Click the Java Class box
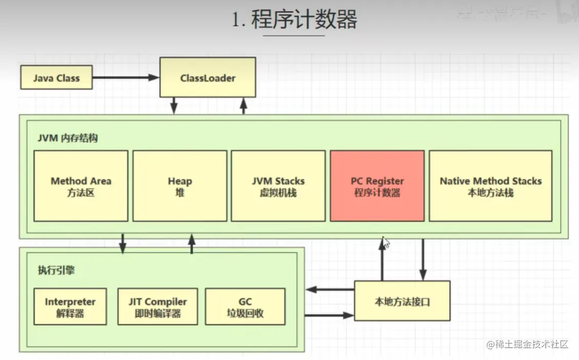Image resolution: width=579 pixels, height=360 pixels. (x=56, y=78)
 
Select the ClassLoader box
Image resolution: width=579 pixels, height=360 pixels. (x=208, y=78)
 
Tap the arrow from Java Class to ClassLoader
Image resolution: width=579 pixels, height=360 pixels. (x=126, y=78)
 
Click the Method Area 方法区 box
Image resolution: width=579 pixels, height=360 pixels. (x=81, y=186)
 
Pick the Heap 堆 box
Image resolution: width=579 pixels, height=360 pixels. (x=180, y=186)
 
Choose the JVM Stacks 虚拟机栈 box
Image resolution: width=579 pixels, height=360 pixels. (x=278, y=186)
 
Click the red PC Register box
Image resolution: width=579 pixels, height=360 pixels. (x=377, y=186)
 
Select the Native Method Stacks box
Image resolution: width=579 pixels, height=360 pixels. (x=490, y=186)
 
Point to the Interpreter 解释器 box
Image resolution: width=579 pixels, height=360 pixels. (x=70, y=307)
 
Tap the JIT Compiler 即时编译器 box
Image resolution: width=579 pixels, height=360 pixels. (x=157, y=307)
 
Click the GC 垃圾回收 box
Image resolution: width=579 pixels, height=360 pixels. (x=245, y=307)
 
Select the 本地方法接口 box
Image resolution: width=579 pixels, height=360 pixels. (x=402, y=301)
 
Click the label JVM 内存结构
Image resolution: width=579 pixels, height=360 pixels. (x=67, y=138)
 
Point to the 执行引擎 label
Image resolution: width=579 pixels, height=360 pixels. (x=56, y=270)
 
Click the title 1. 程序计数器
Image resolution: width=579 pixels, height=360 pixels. (x=294, y=20)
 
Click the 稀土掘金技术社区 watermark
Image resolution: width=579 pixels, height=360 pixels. (x=527, y=344)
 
